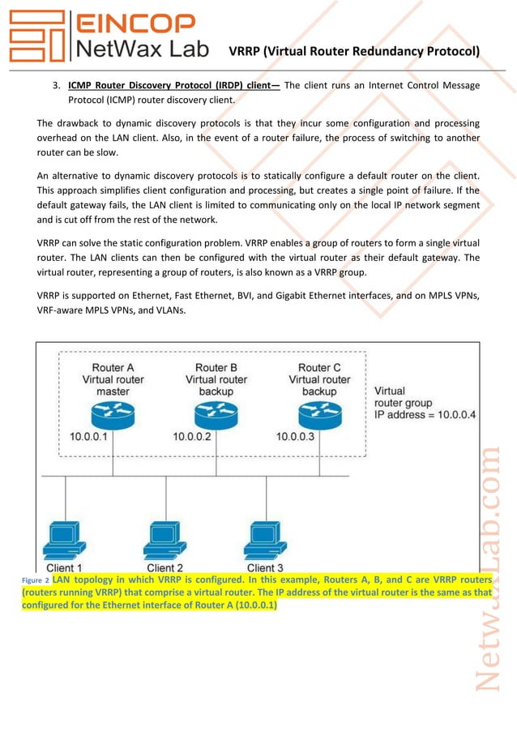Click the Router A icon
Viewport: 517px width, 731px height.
point(113,416)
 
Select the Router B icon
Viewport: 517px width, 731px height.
point(216,416)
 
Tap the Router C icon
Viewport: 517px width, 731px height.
point(319,416)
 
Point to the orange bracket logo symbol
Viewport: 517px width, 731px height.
point(36,36)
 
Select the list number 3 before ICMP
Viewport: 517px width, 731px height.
point(56,85)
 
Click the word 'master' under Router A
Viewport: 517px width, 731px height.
point(113,391)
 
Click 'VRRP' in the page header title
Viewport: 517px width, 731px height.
point(245,52)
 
